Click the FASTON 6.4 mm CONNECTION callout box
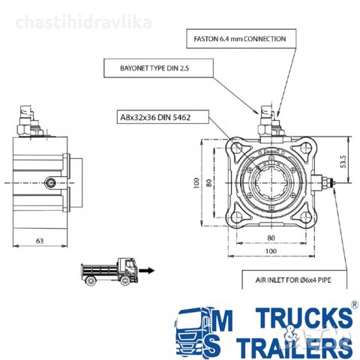pyautogui.click(x=241, y=38)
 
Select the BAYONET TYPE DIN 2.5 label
pyautogui.click(x=154, y=68)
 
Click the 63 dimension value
pyautogui.click(x=40, y=241)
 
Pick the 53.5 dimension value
pyautogui.click(x=343, y=162)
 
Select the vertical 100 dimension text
pyautogui.click(x=196, y=183)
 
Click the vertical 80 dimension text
pyautogui.click(x=209, y=183)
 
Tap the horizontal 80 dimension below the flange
pyautogui.click(x=271, y=238)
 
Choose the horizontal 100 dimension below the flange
pyautogui.click(x=271, y=251)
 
